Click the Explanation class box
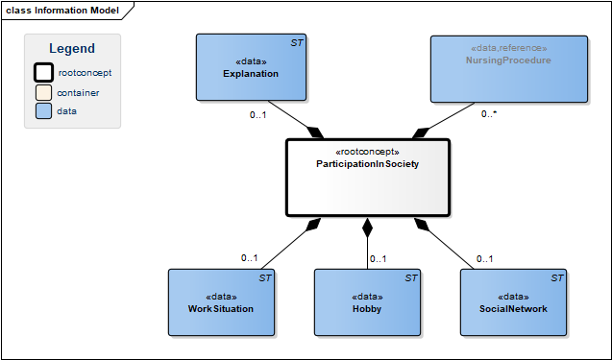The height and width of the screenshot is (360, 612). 251,67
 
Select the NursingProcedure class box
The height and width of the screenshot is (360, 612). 509,69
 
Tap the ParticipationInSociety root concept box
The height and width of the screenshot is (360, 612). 368,178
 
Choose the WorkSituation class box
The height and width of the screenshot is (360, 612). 221,302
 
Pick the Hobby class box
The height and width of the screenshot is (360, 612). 367,302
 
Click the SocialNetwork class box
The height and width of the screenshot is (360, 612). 513,302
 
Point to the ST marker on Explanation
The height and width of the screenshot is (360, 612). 297,43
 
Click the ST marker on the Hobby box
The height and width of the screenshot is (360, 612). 411,278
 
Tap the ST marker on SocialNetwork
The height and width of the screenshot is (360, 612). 557,278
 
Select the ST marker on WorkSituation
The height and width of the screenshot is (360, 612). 265,278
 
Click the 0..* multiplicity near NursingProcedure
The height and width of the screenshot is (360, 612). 489,114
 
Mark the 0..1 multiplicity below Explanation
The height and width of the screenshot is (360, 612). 258,114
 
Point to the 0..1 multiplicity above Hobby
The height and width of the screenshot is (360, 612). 379,259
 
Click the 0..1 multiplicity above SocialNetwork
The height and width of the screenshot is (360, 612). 485,259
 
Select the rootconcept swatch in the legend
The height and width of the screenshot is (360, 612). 44,73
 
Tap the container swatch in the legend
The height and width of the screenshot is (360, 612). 44,93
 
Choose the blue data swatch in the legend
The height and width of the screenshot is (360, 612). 44,110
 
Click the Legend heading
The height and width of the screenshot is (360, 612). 72,48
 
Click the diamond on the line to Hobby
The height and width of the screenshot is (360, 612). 367,228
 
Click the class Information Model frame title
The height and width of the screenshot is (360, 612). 62,11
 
